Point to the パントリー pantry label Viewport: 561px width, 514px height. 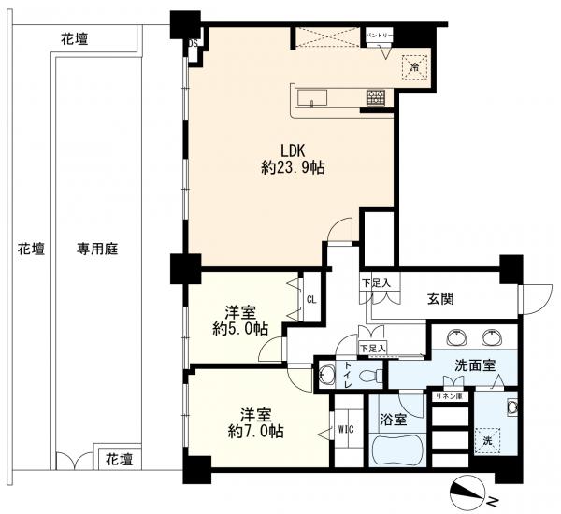(x=379, y=36)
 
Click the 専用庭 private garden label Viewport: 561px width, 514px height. (x=96, y=250)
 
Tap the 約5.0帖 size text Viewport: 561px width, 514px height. (x=238, y=329)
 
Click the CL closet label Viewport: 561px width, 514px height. (x=311, y=299)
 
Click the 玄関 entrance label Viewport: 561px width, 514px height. (x=440, y=299)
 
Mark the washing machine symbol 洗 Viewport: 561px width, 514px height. (x=486, y=440)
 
